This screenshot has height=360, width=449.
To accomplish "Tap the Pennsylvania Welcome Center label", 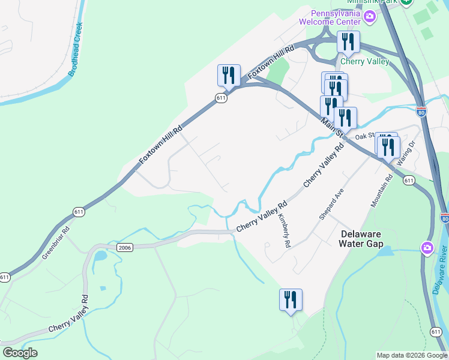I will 335,18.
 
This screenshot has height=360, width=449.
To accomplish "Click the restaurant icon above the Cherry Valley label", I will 348,42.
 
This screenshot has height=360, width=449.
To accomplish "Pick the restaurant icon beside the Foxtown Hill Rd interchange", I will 228,76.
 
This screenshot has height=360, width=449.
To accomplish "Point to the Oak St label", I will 365,137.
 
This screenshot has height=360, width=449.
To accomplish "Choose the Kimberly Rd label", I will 283,231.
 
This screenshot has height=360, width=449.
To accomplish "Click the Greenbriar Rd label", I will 56,242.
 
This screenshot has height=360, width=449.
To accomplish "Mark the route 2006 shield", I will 124,247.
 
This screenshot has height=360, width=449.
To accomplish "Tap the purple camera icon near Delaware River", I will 427,247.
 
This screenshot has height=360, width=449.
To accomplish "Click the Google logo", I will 20,353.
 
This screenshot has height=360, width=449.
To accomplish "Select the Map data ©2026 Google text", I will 411,355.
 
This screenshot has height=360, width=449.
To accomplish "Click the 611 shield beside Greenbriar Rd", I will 79,212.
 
